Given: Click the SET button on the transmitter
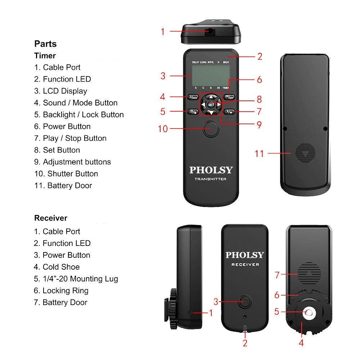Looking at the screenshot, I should point(211,104).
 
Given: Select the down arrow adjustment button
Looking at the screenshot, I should point(211,112).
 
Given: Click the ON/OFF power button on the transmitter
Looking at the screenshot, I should point(228,97).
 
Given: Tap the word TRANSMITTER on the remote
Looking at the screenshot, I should point(211,179).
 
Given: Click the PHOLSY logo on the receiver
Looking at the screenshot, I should point(245,255).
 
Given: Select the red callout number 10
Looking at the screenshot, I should point(163,129).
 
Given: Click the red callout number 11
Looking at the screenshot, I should point(259,154).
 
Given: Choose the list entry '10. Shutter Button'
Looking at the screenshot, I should point(66,174).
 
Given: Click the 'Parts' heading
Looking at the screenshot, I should point(45,44).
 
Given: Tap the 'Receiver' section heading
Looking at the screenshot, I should point(51,218).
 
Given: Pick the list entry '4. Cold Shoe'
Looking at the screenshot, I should point(57,267).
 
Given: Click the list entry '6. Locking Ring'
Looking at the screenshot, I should point(61,291).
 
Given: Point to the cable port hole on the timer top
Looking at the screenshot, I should point(210,31).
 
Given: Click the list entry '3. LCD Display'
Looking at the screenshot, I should point(60,91).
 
